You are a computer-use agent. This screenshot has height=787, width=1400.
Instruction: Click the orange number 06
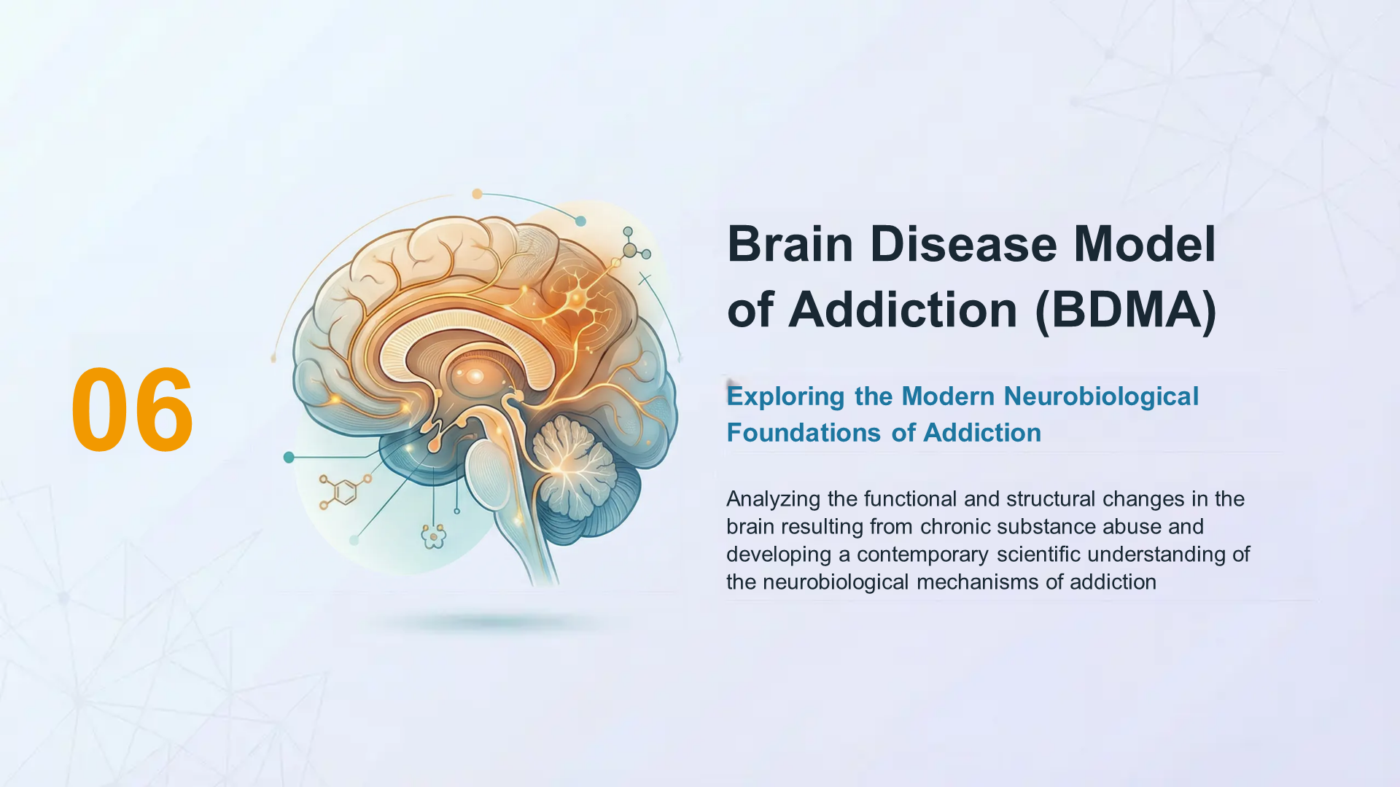[133, 410]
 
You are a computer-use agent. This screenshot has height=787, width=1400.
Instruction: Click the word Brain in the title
[790, 244]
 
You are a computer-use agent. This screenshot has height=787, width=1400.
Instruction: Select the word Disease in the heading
[963, 244]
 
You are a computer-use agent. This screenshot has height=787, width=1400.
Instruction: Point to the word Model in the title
[1145, 244]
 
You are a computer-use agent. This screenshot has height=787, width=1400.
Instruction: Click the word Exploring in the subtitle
[785, 397]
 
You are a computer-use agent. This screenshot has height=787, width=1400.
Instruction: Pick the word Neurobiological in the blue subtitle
[1101, 396]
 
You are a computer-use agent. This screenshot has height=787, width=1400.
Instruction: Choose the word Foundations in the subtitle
[804, 433]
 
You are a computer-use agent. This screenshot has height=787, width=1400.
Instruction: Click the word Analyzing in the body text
[774, 500]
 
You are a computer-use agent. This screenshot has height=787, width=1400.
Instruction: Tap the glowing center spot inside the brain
[475, 376]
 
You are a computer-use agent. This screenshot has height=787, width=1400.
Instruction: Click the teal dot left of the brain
[289, 457]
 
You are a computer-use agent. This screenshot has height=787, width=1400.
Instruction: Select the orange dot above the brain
[477, 194]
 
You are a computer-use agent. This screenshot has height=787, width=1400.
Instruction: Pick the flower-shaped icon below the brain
[434, 537]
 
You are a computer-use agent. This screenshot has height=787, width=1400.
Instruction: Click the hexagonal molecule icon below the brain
[345, 492]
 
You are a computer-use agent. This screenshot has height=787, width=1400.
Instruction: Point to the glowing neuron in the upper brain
[577, 298]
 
